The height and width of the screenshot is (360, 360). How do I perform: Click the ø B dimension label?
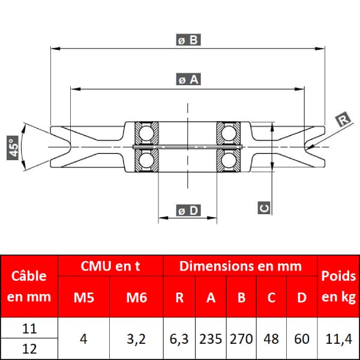[188, 40]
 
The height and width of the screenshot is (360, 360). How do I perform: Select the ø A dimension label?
[188, 79]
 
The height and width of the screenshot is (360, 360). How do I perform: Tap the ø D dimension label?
[188, 210]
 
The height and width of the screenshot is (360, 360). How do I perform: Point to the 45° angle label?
[13, 148]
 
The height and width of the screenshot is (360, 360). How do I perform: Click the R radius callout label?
[343, 119]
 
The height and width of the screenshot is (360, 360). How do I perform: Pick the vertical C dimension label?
[264, 208]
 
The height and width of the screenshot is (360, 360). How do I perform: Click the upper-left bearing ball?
[146, 133]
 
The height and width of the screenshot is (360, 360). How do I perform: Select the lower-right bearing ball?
[229, 160]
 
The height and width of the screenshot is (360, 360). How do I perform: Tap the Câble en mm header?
[29, 286]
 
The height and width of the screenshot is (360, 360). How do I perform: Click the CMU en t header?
[110, 266]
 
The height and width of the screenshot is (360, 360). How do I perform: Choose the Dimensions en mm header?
[241, 266]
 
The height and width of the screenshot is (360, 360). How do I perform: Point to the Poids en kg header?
[338, 287]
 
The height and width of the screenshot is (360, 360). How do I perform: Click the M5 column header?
[84, 298]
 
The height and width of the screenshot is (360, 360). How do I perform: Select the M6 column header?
[136, 298]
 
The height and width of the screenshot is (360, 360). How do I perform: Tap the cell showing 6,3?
[179, 339]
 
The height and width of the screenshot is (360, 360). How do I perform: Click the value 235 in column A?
[211, 339]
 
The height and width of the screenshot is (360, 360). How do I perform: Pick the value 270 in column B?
[241, 339]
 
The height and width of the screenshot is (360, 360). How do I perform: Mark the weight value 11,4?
[338, 339]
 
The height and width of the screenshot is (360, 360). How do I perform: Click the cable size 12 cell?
[29, 349]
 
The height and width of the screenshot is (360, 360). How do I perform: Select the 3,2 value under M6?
[136, 339]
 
